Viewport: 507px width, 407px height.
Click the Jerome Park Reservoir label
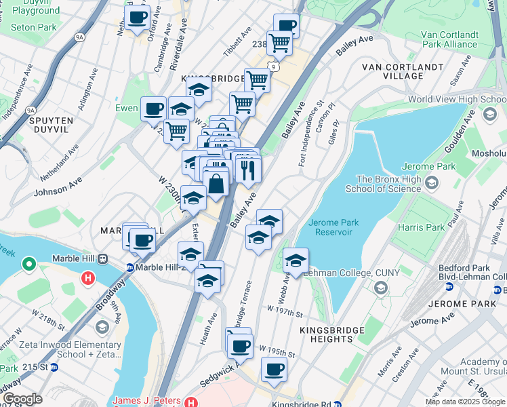330,227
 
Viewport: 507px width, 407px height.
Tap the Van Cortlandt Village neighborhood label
402,71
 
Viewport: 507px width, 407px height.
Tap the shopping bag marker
216,183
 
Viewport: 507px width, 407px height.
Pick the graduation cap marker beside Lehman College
296,261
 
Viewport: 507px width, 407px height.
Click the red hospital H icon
87,277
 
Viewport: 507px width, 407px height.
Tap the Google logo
22,399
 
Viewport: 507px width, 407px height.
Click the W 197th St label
284,310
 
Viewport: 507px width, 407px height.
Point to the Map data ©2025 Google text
465,402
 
